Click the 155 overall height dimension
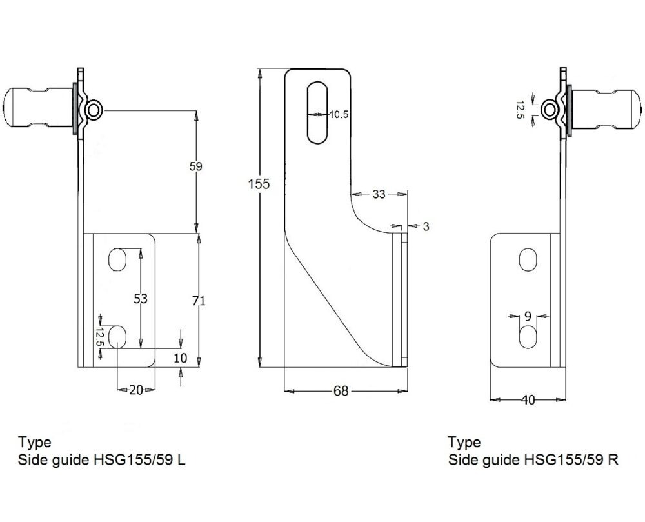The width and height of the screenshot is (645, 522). coord(259,183)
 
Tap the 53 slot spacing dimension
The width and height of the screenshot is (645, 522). coord(141,298)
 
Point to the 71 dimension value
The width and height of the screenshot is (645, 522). coord(200,300)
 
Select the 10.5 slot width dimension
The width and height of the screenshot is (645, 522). coord(339,114)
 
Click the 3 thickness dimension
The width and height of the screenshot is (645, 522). coord(426,226)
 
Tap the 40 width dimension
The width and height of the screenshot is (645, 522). coord(528,400)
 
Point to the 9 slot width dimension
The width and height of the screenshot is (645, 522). coord(528,316)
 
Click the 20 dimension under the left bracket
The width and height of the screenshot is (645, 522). coord(135,390)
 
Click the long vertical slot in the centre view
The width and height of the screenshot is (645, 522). coord(318,112)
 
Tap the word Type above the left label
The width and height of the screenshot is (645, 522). coord(35,443)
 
